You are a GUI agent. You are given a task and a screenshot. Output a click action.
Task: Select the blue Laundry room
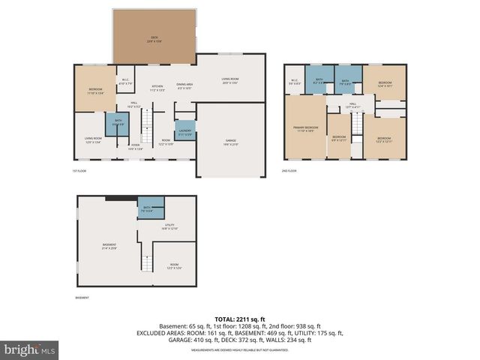point(185,130)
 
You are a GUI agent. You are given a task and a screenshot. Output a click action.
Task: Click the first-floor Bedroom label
point(95,91)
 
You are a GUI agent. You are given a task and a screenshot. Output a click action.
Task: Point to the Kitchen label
point(157,87)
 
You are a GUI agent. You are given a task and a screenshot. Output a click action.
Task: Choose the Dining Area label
point(184,85)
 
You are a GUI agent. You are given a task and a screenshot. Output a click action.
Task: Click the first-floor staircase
point(147,121)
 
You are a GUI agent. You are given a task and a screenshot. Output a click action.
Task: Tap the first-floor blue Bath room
point(118,122)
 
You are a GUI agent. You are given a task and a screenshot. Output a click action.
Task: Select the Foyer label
point(135,146)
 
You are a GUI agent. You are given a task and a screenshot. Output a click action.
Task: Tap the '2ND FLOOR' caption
point(289,171)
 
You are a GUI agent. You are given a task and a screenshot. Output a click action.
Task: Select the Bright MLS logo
point(30,349)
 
